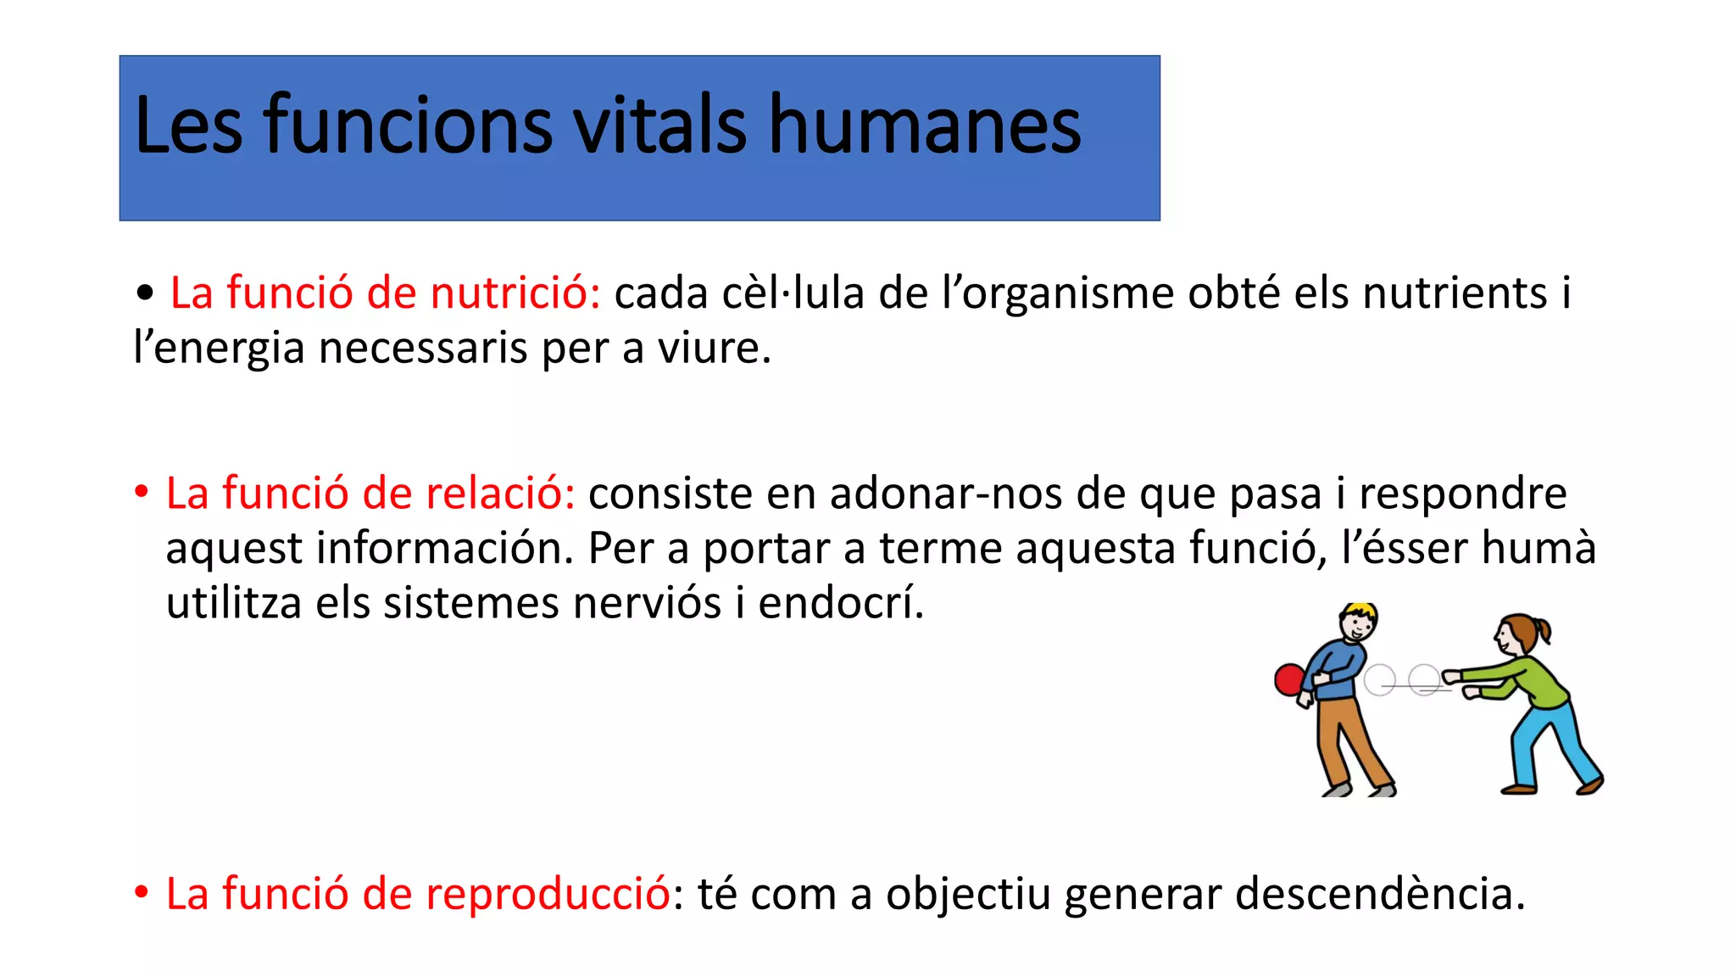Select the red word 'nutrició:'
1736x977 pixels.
tap(515, 293)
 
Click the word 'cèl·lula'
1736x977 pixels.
tap(793, 293)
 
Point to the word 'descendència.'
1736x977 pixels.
tap(1379, 894)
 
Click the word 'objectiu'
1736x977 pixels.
tap(968, 896)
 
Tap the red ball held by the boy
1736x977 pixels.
tap(1290, 680)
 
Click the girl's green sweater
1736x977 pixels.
tap(1538, 683)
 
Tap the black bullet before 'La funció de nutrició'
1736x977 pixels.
tap(145, 293)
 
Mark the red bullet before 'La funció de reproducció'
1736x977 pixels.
tap(142, 893)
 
